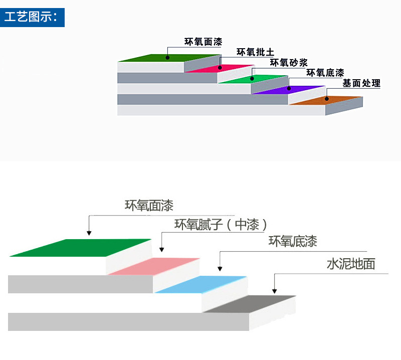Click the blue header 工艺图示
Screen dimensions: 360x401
[x=33, y=17]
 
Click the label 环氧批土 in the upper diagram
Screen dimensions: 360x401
[x=255, y=52]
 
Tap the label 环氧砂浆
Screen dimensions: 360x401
[x=289, y=63]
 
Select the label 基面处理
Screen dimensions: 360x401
[x=361, y=84]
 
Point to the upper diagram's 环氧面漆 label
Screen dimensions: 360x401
[x=204, y=42]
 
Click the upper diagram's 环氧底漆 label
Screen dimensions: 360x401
[x=325, y=73]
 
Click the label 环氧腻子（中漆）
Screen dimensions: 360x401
[x=221, y=225]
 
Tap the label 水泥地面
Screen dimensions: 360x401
[x=351, y=264]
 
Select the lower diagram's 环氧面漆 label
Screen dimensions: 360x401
[x=149, y=206]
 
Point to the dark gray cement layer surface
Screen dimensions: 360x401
[x=251, y=304]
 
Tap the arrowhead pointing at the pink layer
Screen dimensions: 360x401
[x=161, y=249]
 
